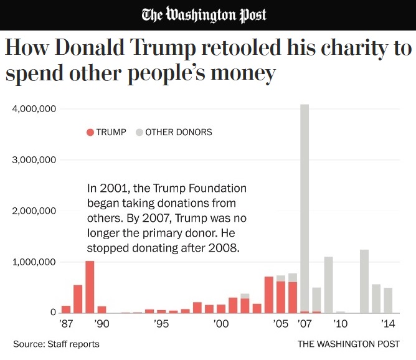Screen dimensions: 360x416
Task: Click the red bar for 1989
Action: coord(90,287)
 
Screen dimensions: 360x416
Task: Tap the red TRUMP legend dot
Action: coord(90,132)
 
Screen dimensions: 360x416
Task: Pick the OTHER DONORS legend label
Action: coord(178,132)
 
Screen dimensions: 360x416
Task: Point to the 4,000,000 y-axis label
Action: coord(34,109)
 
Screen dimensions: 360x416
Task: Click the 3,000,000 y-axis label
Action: coord(34,160)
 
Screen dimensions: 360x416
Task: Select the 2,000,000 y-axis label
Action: coord(34,211)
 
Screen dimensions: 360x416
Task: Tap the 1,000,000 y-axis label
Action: coord(34,262)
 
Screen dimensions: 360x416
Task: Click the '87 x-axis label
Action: coord(65,324)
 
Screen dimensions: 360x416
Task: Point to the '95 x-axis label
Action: coord(161,324)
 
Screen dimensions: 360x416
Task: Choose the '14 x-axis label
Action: coord(387,324)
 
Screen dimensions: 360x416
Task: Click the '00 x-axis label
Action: coord(220,324)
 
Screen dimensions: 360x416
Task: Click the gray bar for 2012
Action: coord(364,282)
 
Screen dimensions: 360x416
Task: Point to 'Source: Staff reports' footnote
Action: coord(56,344)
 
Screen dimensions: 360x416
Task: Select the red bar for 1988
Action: coord(78,299)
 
